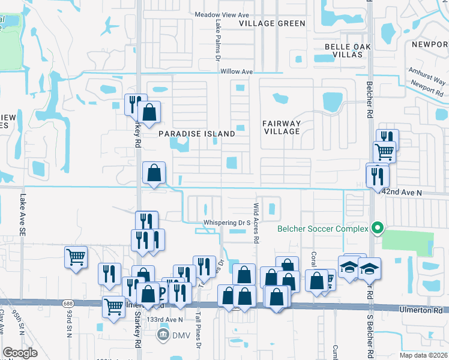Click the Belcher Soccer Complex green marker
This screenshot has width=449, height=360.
click(378, 229)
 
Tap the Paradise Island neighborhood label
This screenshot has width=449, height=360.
click(196, 134)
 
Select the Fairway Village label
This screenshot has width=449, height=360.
click(281, 127)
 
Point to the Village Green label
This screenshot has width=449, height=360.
click(272, 23)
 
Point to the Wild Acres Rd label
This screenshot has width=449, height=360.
click(256, 222)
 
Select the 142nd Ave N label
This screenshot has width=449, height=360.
click(402, 192)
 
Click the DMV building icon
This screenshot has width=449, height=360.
click(163, 335)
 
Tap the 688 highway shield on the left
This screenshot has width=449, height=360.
click(65, 304)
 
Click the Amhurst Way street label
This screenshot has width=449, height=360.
click(427, 76)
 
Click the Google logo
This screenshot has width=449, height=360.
click(20, 353)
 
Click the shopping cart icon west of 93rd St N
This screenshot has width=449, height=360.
click(76, 257)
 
